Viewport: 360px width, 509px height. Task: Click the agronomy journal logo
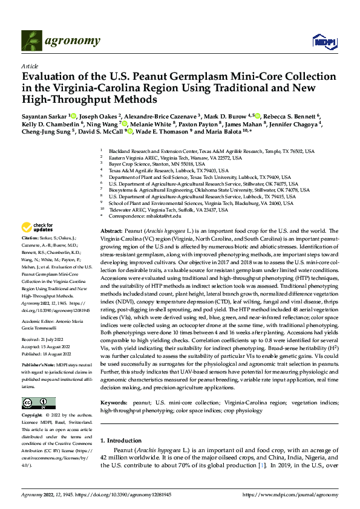61,41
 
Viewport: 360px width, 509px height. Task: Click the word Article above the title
29,65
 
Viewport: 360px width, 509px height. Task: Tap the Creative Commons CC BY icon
39,403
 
